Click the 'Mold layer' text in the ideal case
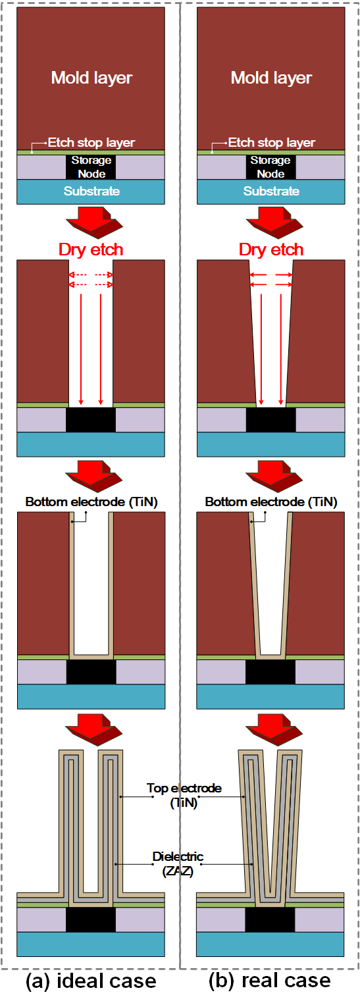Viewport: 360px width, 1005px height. pyautogui.click(x=91, y=78)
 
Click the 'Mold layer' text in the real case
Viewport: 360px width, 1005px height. pyautogui.click(x=271, y=78)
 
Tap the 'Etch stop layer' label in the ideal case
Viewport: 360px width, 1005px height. pyautogui.click(x=91, y=143)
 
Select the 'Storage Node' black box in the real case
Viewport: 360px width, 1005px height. pyautogui.click(x=270, y=167)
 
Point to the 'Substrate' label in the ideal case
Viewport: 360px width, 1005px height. pyautogui.click(x=91, y=191)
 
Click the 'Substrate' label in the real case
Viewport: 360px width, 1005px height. pyautogui.click(x=271, y=191)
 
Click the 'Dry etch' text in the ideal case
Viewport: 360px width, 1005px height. pyautogui.click(x=91, y=249)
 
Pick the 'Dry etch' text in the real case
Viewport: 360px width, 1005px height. pyautogui.click(x=271, y=249)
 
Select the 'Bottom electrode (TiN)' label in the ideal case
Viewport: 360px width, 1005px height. pyautogui.click(x=91, y=502)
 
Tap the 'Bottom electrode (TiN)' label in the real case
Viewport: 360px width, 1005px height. pyautogui.click(x=271, y=502)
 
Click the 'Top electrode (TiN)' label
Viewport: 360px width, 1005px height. pyautogui.click(x=184, y=795)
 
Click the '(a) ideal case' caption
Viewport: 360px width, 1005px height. pyautogui.click(x=91, y=981)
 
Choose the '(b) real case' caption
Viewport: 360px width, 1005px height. pyautogui.click(x=270, y=981)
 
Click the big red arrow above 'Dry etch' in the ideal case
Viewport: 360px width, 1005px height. pyautogui.click(x=94, y=222)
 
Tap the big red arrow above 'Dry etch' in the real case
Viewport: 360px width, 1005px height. pyautogui.click(x=274, y=222)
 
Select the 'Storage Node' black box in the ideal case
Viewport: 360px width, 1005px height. pyautogui.click(x=91, y=167)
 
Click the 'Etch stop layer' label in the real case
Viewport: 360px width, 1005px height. pyautogui.click(x=272, y=143)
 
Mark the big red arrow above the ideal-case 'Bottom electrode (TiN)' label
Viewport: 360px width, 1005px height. pyautogui.click(x=94, y=476)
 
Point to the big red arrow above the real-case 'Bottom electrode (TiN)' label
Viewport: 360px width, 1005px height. pyautogui.click(x=274, y=476)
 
